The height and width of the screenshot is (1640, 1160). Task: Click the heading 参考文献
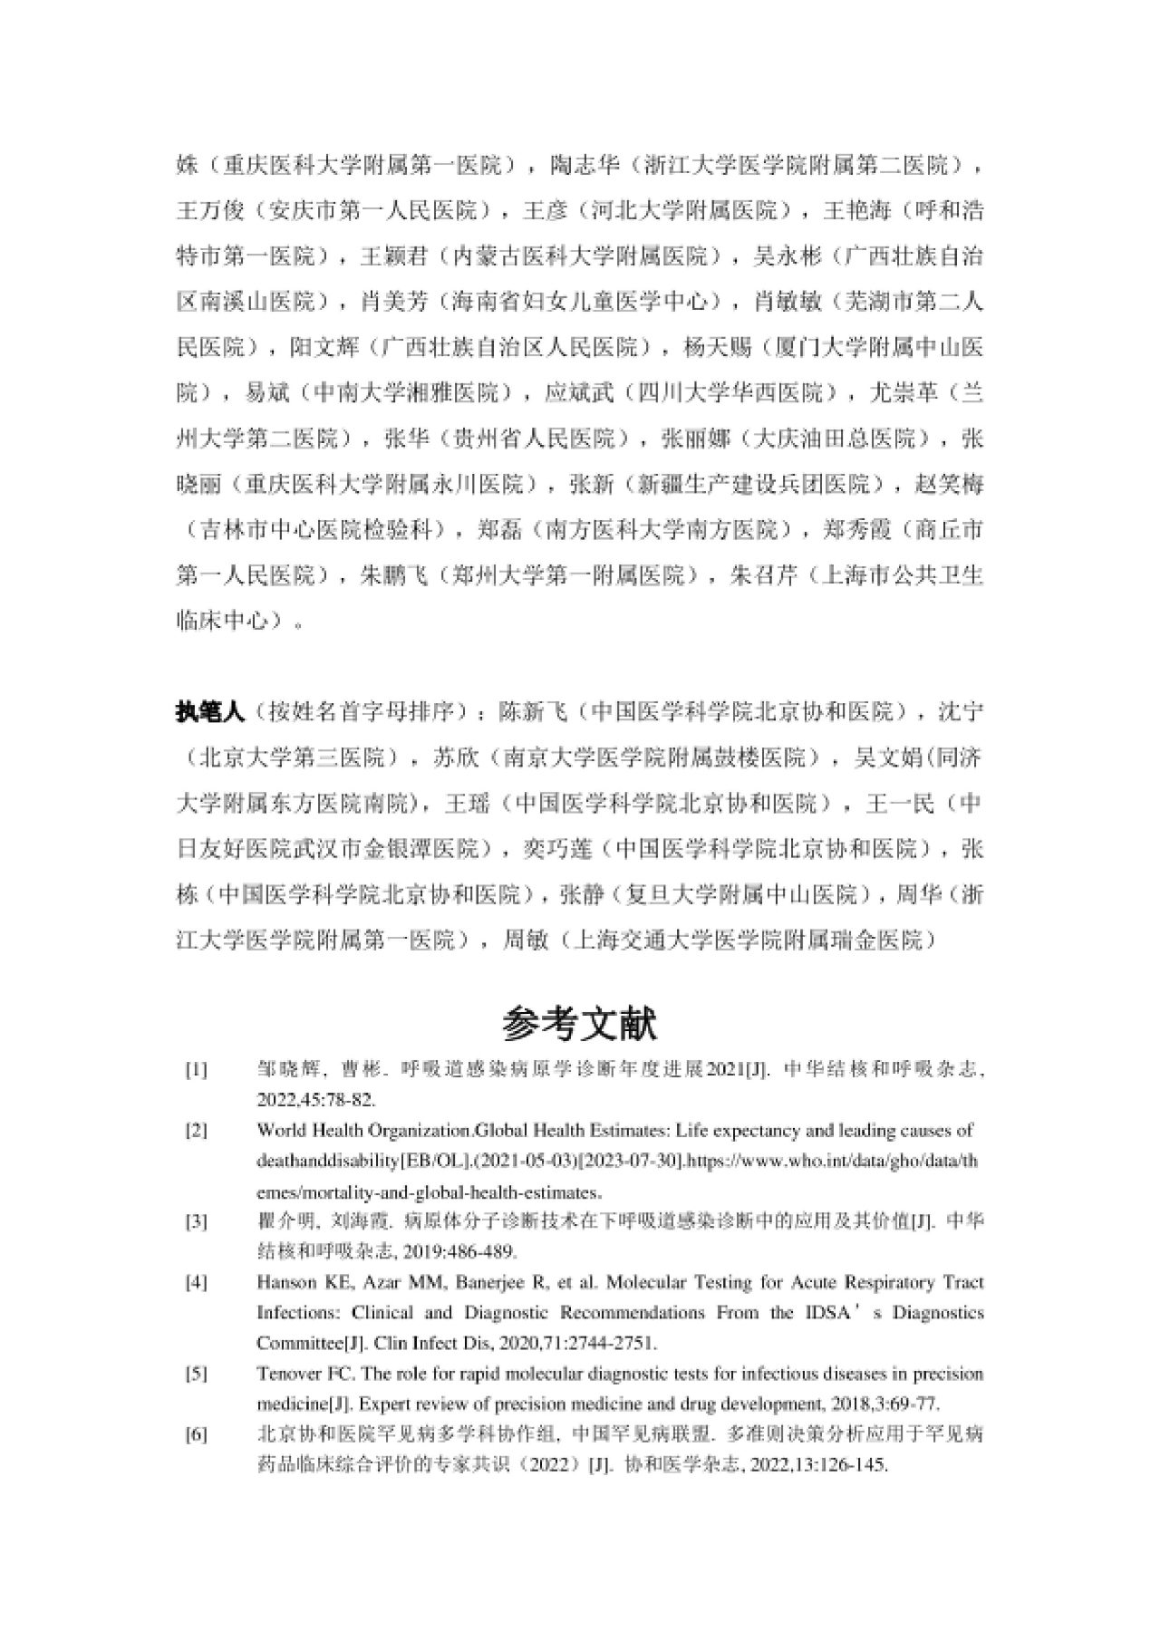[x=580, y=1024]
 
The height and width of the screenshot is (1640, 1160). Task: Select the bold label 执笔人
[x=210, y=712]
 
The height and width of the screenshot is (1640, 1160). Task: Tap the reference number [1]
[x=197, y=1070]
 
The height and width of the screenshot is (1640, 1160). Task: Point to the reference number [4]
[x=197, y=1283]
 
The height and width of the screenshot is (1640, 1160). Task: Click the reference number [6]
[x=197, y=1434]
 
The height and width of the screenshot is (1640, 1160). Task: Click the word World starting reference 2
[x=278, y=1131]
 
